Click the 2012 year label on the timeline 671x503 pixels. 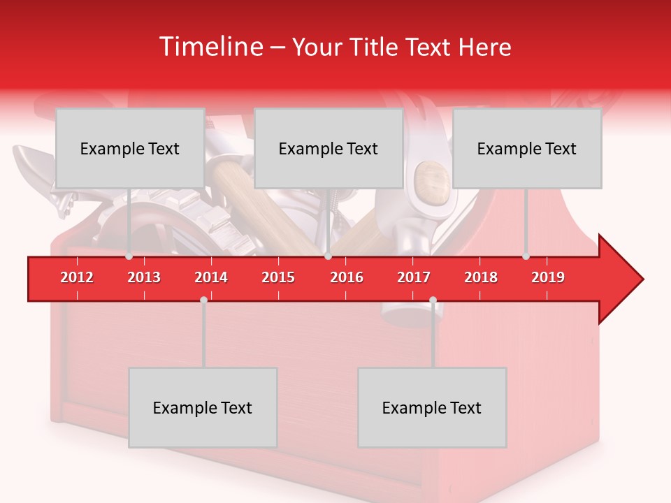pyautogui.click(x=77, y=277)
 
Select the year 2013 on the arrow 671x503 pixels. pyautogui.click(x=144, y=277)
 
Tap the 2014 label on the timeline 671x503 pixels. pyautogui.click(x=211, y=277)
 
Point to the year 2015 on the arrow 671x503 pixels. pyautogui.click(x=278, y=277)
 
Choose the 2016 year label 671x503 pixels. pyautogui.click(x=347, y=277)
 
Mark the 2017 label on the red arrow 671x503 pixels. pyautogui.click(x=414, y=277)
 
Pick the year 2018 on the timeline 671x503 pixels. pyautogui.click(x=481, y=277)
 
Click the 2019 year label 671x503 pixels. pyautogui.click(x=548, y=277)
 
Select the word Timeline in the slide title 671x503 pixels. pyautogui.click(x=210, y=47)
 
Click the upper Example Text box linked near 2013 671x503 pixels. pyautogui.click(x=130, y=148)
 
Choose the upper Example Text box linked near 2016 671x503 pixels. pyautogui.click(x=329, y=148)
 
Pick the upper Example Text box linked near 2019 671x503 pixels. pyautogui.click(x=527, y=148)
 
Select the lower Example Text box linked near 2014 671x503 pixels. pyautogui.click(x=203, y=407)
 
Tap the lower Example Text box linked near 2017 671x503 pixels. pyautogui.click(x=432, y=407)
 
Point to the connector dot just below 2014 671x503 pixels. pyautogui.click(x=203, y=300)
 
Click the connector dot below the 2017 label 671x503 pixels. pyautogui.click(x=433, y=300)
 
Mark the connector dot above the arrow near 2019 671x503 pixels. pyautogui.click(x=526, y=256)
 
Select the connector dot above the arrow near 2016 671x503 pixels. pyautogui.click(x=328, y=256)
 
